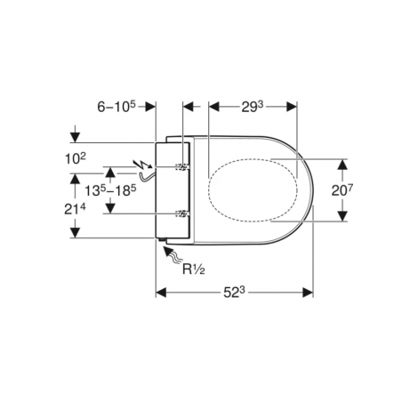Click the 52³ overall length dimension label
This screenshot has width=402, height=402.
[234, 293]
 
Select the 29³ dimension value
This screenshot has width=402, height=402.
[253, 107]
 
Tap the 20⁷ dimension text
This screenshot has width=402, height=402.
[342, 190]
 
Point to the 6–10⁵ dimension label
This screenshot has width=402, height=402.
[117, 107]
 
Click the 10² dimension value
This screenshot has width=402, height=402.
[76, 158]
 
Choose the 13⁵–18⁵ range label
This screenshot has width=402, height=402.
[110, 190]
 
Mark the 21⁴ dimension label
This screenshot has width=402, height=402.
[75, 209]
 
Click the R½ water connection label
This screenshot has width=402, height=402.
[193, 269]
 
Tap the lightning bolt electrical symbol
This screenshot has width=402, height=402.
[143, 165]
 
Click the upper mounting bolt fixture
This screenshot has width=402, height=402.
[182, 167]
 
